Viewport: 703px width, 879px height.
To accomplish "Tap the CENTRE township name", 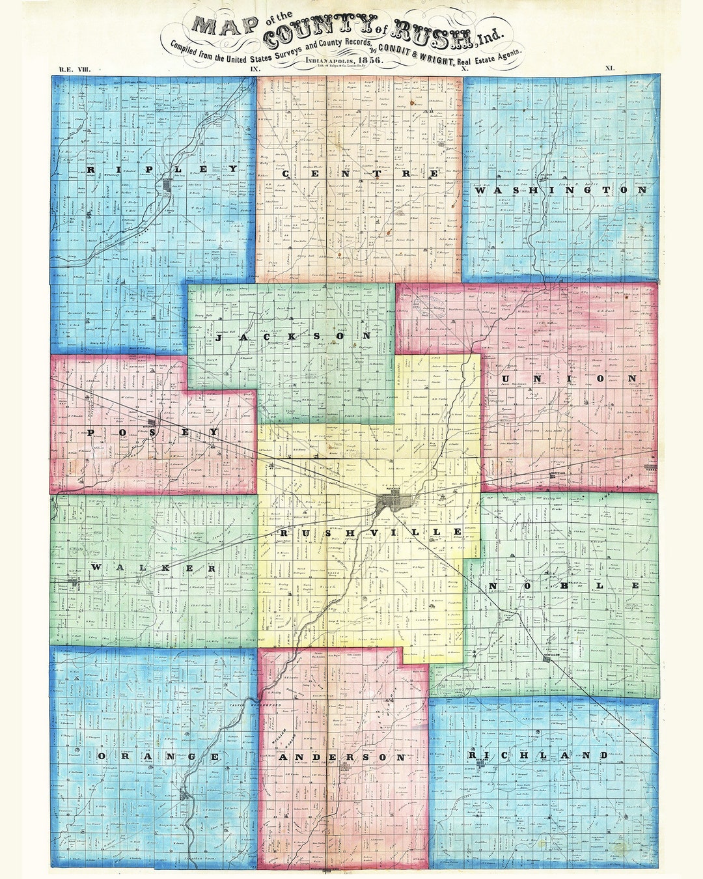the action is click(x=359, y=174).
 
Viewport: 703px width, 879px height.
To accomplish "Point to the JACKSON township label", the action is click(x=293, y=337).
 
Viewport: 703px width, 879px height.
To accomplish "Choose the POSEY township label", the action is click(x=152, y=432).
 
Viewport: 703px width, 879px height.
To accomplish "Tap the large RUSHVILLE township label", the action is click(x=371, y=533).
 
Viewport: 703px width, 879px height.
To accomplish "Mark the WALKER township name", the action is click(x=154, y=568).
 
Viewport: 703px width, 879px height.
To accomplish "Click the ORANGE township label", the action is click(x=158, y=756).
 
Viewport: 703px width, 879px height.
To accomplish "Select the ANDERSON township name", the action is click(x=342, y=757).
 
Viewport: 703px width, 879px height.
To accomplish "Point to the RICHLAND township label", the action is click(x=538, y=755).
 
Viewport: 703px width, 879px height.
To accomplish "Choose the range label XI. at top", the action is click(x=610, y=68).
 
